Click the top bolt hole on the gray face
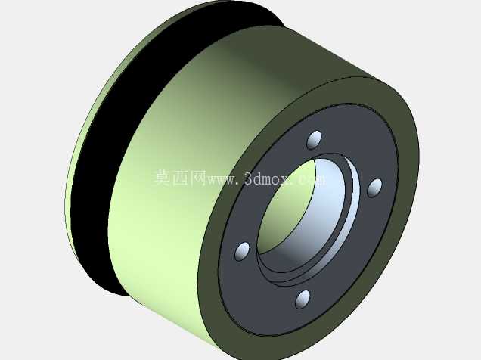[314, 140]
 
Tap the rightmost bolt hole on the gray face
[374, 188]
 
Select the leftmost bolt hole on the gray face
[242, 251]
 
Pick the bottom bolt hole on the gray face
[303, 299]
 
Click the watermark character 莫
[162, 178]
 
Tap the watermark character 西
[180, 178]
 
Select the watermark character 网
[198, 178]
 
